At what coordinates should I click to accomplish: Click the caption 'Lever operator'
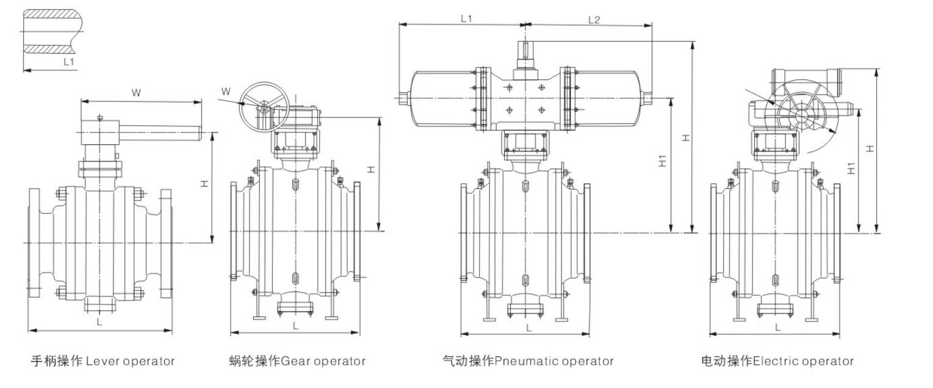103,361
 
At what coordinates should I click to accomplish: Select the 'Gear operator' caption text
296,361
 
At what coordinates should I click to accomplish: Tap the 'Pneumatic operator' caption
528,361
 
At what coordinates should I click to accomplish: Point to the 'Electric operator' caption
777,361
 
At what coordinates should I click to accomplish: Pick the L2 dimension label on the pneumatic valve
594,19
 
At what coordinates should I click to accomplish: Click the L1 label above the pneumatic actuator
467,19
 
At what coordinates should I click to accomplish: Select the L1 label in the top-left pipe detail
69,62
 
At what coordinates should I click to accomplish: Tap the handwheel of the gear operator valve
263,107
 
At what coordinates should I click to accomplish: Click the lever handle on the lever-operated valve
165,131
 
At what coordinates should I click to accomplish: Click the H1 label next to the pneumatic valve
663,162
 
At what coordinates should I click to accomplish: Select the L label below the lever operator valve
99,321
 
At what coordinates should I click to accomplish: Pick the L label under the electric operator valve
777,327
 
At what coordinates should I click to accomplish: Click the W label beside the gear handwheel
226,92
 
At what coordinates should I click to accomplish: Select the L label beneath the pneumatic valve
528,328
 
